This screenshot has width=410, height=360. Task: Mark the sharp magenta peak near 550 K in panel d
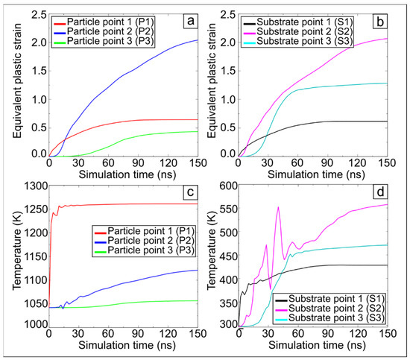pyautogui.click(x=278, y=207)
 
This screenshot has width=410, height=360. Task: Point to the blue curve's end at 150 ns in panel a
pyautogui.click(x=198, y=40)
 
